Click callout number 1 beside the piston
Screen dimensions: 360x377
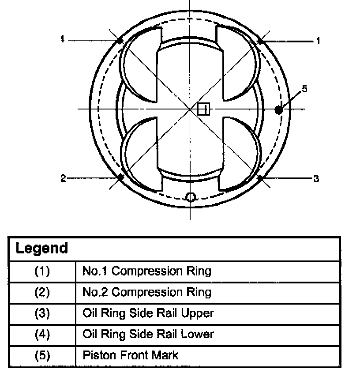coord(318,41)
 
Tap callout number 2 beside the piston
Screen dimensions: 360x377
coord(63,178)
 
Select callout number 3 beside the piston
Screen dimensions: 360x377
coord(316,179)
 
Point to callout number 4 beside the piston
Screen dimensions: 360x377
coord(63,40)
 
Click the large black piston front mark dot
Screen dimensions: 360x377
coord(278,109)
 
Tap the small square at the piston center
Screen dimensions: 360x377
coord(203,109)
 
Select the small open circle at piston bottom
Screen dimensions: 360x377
coord(191,196)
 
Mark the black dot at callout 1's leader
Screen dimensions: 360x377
coord(260,41)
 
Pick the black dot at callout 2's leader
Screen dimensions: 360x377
coord(120,177)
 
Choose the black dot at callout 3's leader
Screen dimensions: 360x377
coord(260,177)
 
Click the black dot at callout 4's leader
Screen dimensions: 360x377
coord(120,41)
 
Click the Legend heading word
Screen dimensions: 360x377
coord(41,248)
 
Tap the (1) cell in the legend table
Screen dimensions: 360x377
coord(42,271)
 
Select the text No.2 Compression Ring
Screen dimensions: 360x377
coord(146,292)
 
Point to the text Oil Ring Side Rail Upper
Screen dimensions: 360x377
coord(148,313)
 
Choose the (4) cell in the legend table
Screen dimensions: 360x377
coord(42,334)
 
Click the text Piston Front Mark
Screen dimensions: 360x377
coord(130,355)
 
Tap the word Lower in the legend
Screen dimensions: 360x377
coord(197,334)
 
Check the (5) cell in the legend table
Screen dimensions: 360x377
coord(42,355)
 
